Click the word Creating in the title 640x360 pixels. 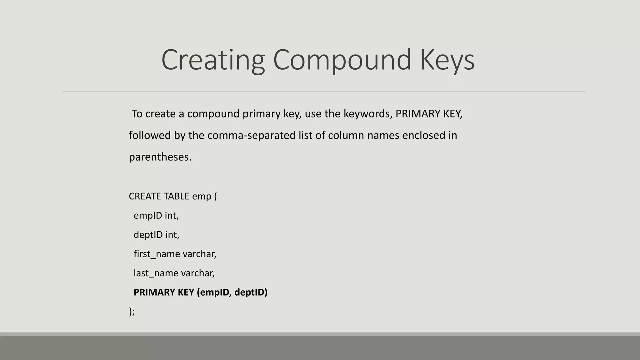pyautogui.click(x=213, y=60)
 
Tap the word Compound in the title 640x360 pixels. pyautogui.click(x=342, y=60)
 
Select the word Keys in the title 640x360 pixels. pyautogui.click(x=447, y=60)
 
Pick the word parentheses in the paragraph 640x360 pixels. pyautogui.click(x=160, y=157)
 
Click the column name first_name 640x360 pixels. pyautogui.click(x=157, y=254)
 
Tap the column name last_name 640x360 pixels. pyautogui.click(x=156, y=273)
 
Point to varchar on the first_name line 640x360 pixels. pyautogui.click(x=199, y=254)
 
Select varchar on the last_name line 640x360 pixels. pyautogui.click(x=198, y=273)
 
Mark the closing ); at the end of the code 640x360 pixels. pyautogui.click(x=132, y=312)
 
